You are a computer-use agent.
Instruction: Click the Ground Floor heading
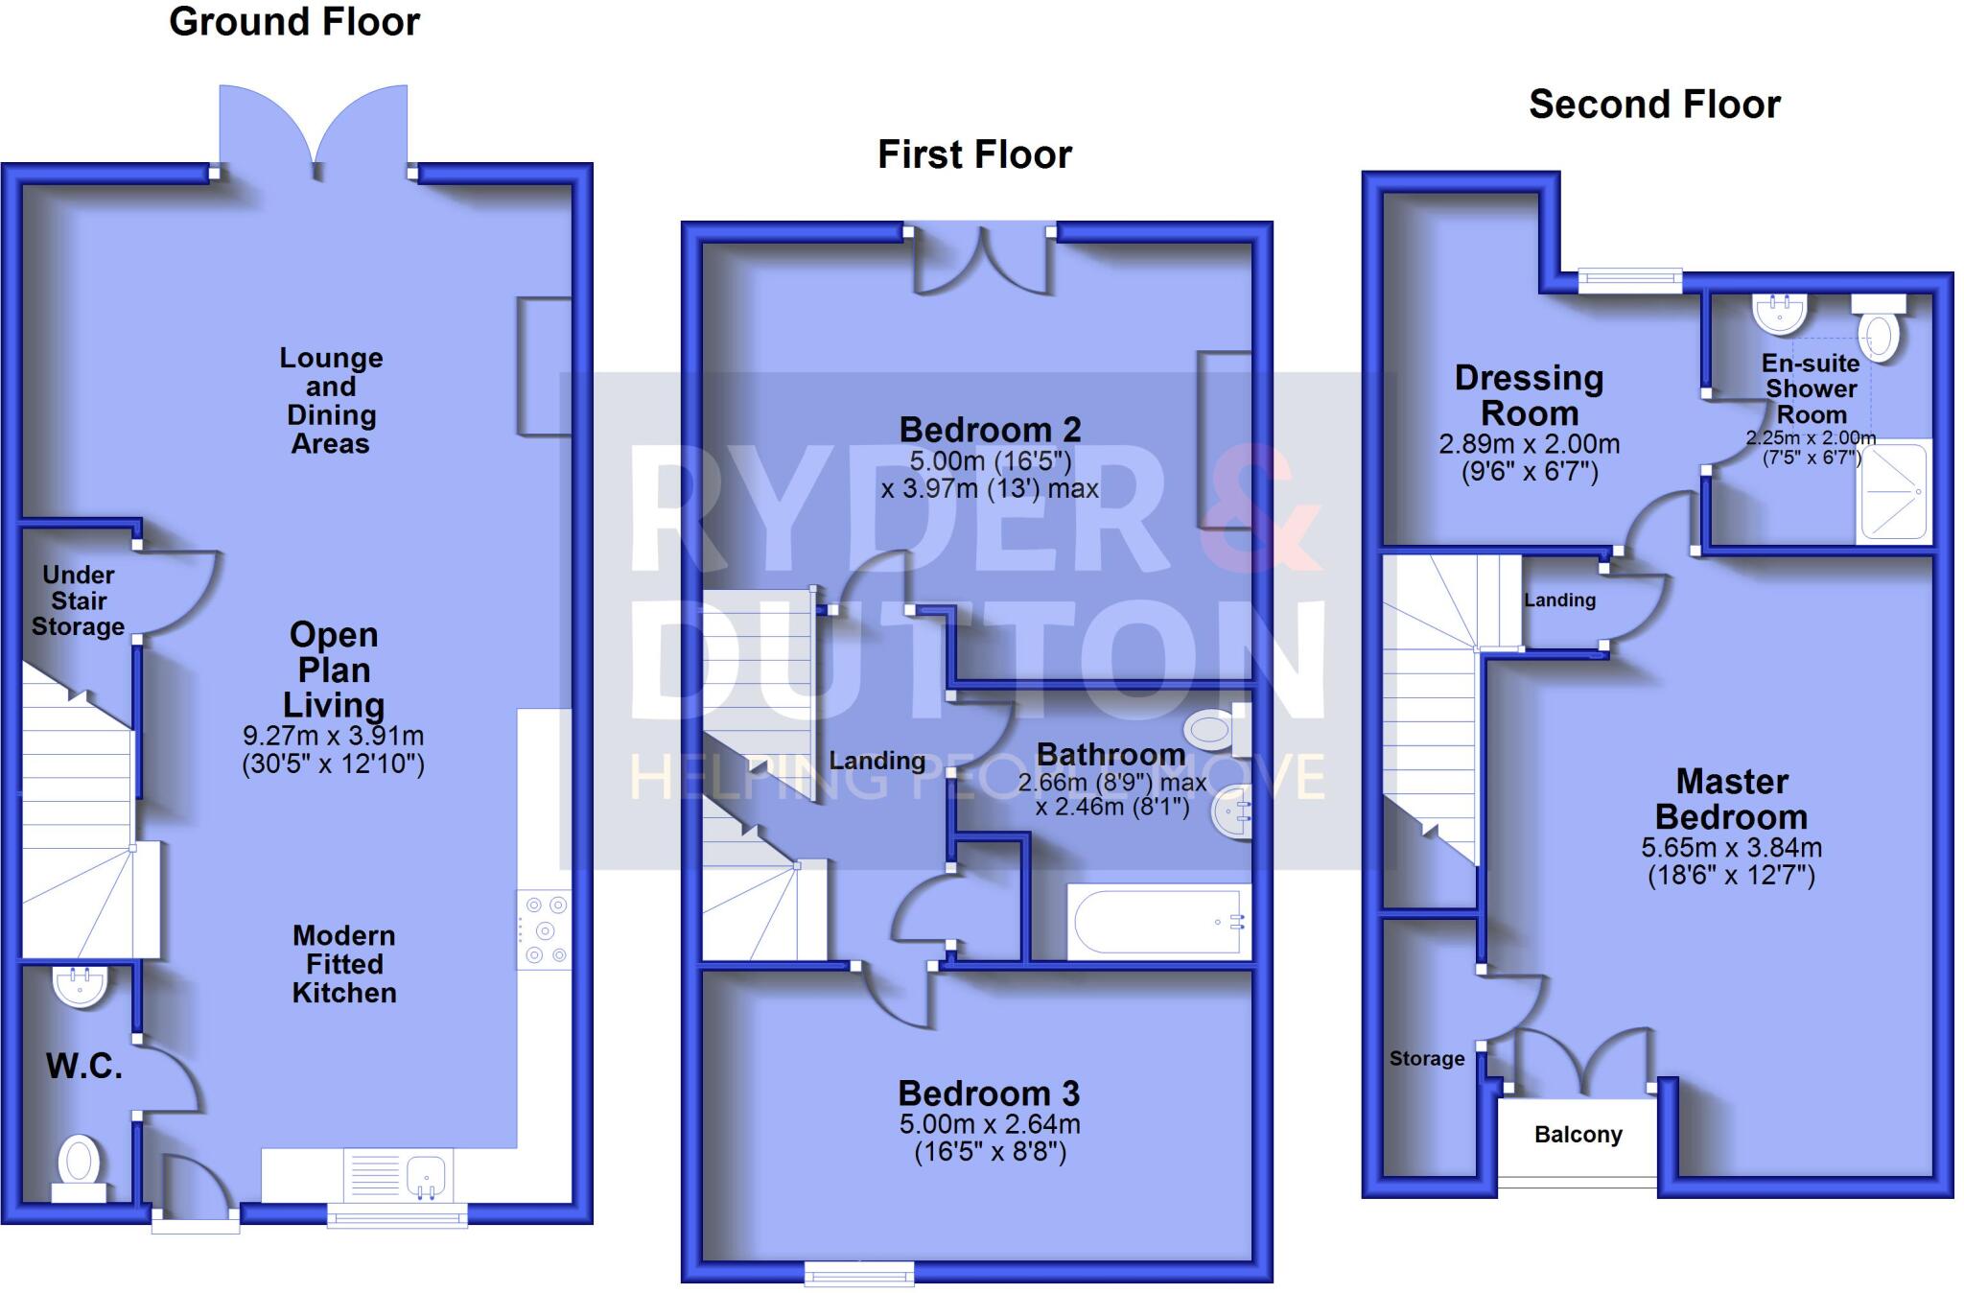tap(294, 22)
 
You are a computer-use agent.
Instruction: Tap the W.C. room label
tap(84, 1066)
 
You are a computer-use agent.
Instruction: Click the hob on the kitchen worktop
tap(545, 929)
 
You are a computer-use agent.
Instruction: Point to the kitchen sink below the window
tap(426, 1174)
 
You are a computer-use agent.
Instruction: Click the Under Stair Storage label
tap(78, 600)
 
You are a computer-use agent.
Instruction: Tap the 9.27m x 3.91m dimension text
tap(333, 736)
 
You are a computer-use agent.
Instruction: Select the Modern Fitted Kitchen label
tap(344, 964)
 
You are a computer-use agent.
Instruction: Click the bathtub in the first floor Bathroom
tap(1158, 922)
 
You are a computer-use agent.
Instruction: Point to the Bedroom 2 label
tap(990, 430)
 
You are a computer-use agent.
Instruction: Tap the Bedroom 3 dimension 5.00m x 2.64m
tap(990, 1124)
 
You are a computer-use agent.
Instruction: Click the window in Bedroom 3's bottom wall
tap(859, 1273)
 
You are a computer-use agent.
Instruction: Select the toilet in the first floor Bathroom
tap(1213, 730)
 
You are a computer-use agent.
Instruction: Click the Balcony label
tap(1578, 1135)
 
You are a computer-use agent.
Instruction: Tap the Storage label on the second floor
tap(1426, 1058)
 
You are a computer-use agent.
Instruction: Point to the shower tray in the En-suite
tap(1894, 491)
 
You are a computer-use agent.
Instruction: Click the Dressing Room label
tap(1529, 395)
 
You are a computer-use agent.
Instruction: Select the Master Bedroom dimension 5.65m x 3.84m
tap(1731, 848)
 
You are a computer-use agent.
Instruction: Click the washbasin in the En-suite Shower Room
tap(1780, 312)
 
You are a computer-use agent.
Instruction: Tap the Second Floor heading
tap(1654, 105)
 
